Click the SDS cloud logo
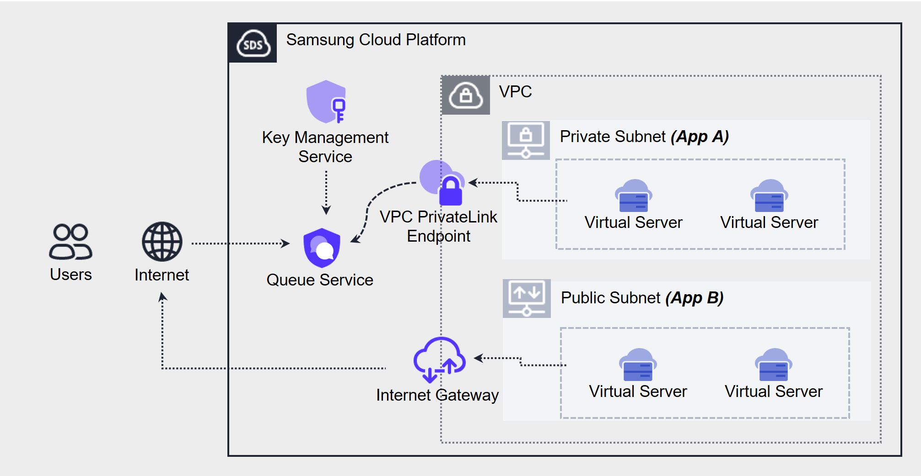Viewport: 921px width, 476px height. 253,43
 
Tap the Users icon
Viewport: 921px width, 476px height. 70,242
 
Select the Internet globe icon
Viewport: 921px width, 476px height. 162,242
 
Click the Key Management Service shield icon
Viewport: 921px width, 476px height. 326,101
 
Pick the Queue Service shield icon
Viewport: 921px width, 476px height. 322,248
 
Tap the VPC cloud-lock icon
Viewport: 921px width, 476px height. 466,95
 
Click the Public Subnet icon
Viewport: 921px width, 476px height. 527,298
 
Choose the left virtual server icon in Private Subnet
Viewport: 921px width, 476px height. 633,196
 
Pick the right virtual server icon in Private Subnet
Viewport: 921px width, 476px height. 769,196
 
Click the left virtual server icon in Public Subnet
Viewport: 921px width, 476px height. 638,365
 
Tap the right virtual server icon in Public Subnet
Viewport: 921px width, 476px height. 774,365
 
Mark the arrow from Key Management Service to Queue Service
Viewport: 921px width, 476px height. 326,192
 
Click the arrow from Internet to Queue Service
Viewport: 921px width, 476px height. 240,243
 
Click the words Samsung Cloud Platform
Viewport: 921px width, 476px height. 376,40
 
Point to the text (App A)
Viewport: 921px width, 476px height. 700,137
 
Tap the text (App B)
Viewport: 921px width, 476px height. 694,298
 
